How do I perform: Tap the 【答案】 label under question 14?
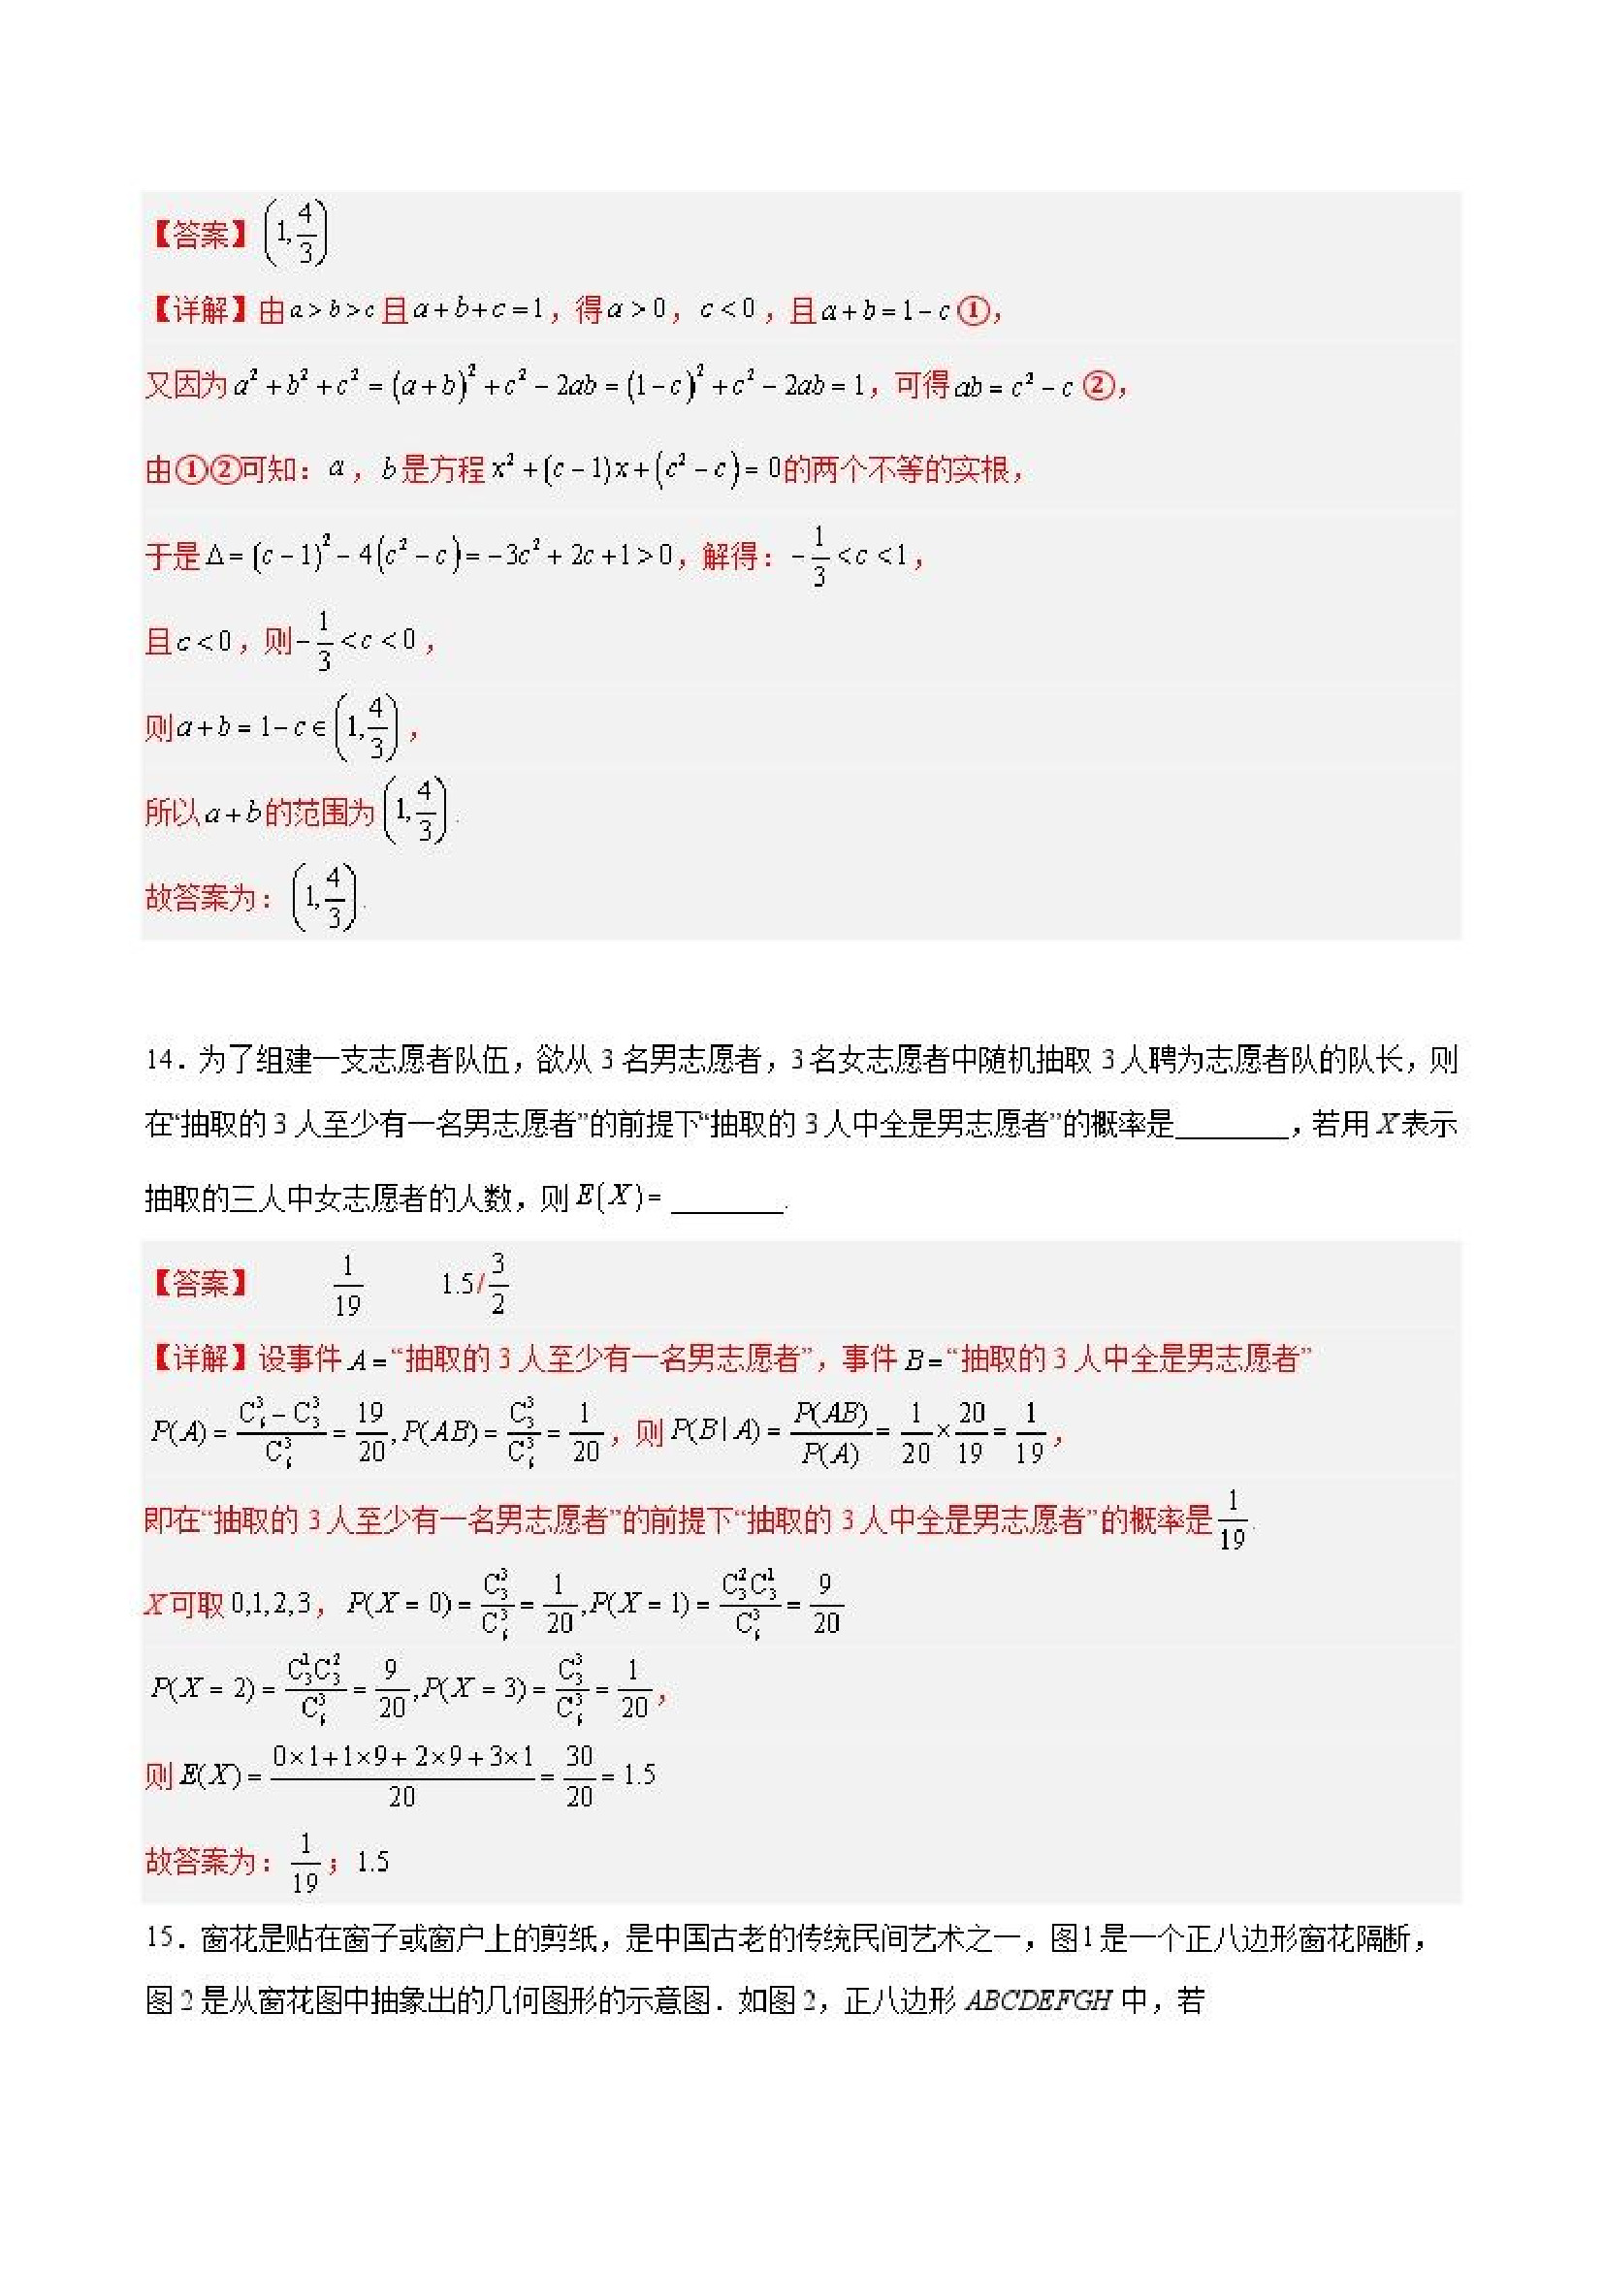pyautogui.click(x=199, y=1284)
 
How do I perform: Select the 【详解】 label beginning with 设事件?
pyautogui.click(x=199, y=1358)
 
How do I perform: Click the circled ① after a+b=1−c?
pyautogui.click(x=974, y=311)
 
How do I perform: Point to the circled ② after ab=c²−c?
pyautogui.click(x=1098, y=385)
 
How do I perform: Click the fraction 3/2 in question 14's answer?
pyautogui.click(x=497, y=1283)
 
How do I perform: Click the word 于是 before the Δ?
pyautogui.click(x=173, y=557)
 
